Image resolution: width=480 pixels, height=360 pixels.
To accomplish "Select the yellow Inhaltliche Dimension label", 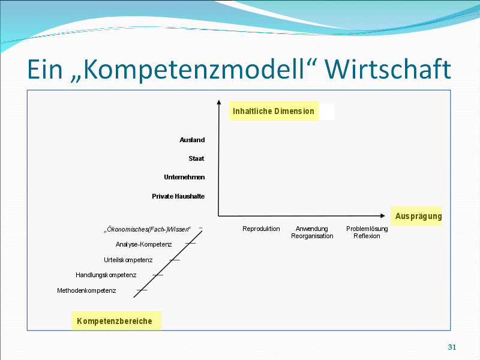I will coord(274,111).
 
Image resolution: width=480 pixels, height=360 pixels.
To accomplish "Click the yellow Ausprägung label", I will coord(418,216).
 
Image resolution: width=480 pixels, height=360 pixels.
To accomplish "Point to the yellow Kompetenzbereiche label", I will coord(115,321).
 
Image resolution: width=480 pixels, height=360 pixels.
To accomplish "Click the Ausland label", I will coord(192,140).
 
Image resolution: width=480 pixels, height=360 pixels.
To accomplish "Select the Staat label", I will coord(196,158).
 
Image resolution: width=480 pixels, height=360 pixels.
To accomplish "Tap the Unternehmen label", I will coord(184,177).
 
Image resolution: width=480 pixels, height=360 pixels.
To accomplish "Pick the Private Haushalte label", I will coord(178,196).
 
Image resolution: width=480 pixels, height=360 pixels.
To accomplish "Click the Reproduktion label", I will coord(261,229).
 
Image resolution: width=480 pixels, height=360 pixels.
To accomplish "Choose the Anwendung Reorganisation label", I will coord(312,232).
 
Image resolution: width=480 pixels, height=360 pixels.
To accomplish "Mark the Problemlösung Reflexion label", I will coord(367,232).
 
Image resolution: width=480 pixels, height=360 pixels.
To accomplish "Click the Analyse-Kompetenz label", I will coord(143,244).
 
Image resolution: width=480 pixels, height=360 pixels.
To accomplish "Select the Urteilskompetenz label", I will coord(128,260).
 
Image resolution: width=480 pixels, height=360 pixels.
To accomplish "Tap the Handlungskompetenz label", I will coord(106,275).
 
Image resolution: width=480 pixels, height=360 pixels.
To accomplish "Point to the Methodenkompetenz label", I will coord(86,290).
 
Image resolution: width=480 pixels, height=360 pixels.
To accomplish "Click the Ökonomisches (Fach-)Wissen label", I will coord(147,229).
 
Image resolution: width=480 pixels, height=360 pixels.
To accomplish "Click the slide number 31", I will coord(452,347).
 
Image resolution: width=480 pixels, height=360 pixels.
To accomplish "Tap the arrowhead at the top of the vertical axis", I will coord(218,103).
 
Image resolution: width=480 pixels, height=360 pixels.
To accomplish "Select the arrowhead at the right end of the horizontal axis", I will coord(383,215).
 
